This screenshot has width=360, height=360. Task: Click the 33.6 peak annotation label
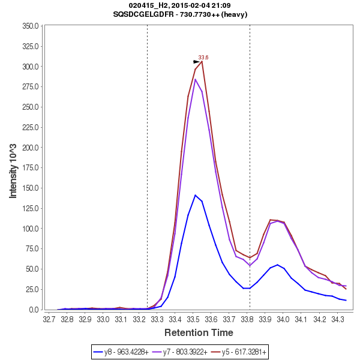point(203,58)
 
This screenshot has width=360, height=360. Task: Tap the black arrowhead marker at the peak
point(196,61)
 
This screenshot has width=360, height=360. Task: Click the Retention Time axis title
point(199,332)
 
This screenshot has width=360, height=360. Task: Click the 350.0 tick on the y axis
point(31,26)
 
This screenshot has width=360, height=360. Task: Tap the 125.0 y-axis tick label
point(31,208)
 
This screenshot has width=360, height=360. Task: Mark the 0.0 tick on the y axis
point(35,310)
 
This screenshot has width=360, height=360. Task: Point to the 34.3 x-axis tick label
point(338,319)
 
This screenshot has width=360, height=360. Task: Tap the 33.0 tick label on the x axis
point(103,319)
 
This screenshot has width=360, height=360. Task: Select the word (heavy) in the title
point(235,14)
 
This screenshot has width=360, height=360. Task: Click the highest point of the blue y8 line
point(196,195)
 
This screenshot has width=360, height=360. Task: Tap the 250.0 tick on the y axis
point(31,107)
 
